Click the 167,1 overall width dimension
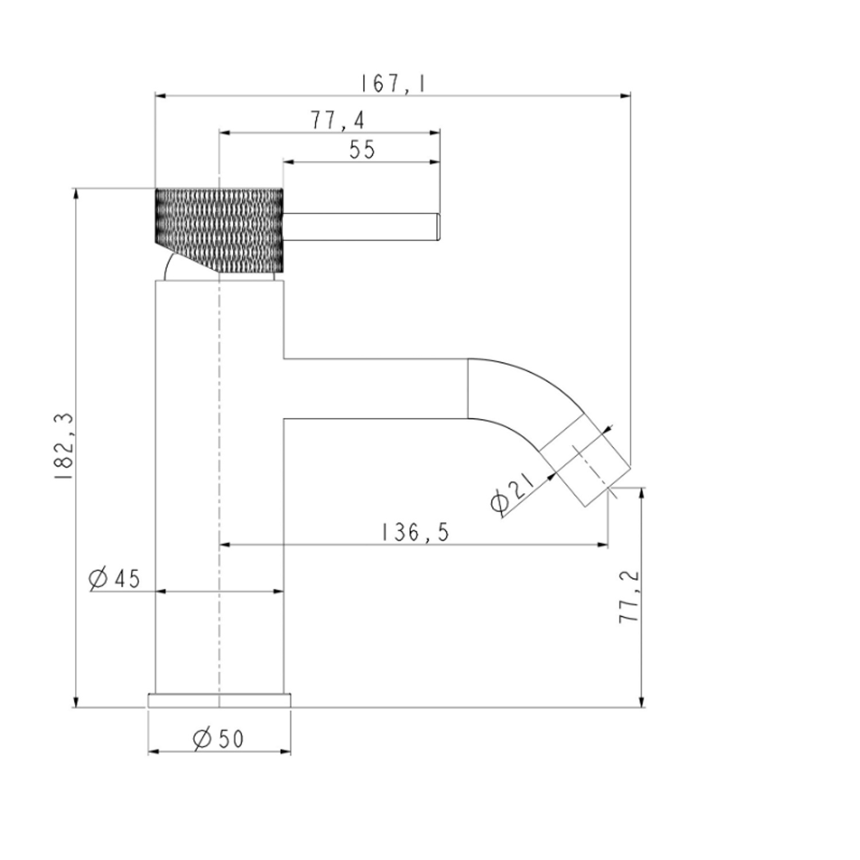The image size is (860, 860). pos(393,84)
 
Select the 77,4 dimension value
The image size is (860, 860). pos(338,120)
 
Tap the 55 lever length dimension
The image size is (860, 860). pos(362,150)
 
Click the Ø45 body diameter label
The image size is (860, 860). pos(115,578)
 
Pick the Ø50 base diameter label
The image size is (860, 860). pos(218,739)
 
